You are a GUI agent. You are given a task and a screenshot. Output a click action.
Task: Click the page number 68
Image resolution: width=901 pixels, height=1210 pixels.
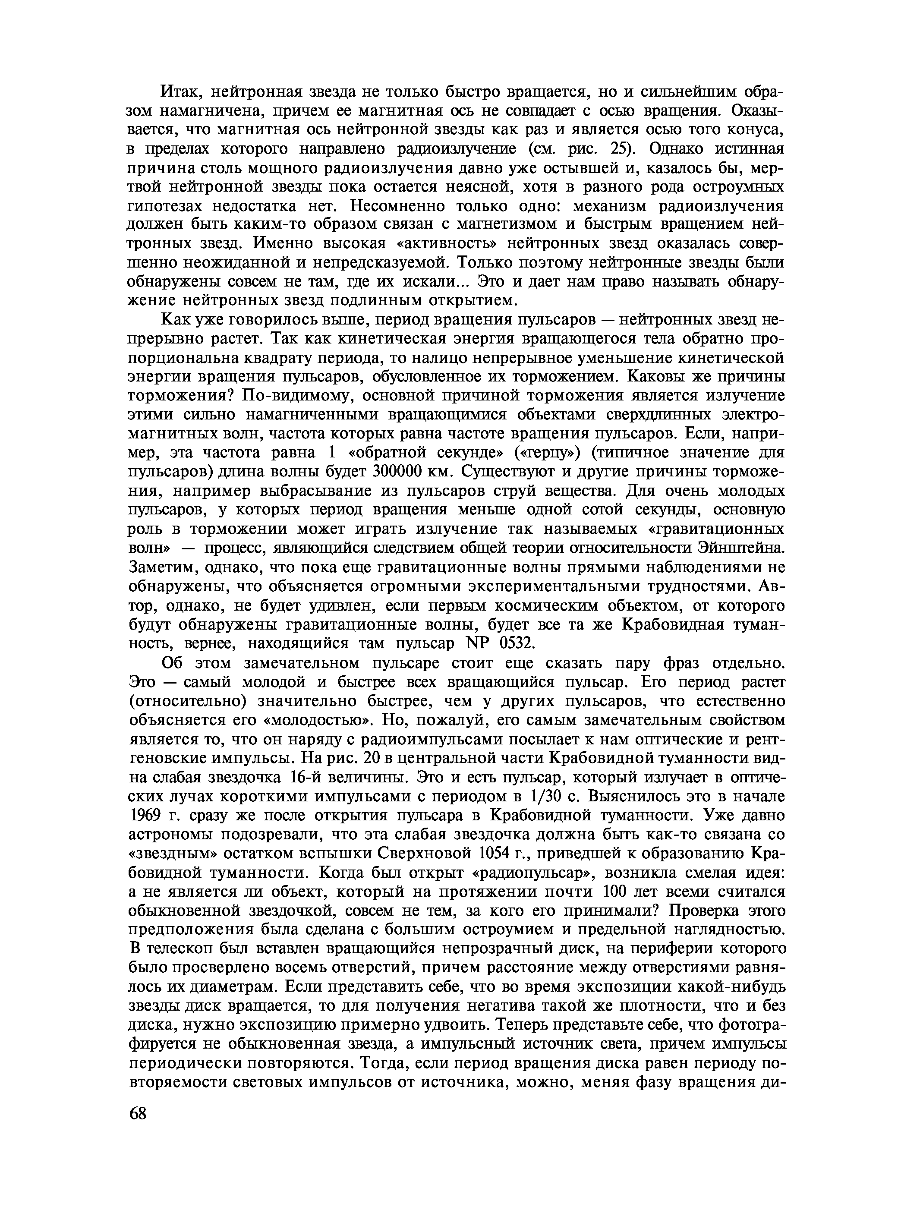pos(138,1113)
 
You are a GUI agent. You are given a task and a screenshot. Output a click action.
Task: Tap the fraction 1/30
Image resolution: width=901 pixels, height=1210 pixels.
pos(546,797)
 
